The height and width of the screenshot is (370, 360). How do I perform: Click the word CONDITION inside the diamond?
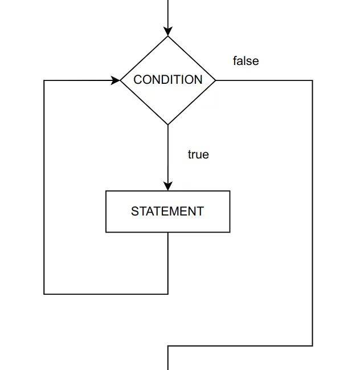(x=168, y=80)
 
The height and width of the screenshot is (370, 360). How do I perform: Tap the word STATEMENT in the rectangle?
(x=167, y=212)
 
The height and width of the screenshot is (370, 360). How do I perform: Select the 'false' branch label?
(x=246, y=61)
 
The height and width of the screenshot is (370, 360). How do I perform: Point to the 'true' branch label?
(x=198, y=154)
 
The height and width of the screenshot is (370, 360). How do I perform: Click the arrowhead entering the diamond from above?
(x=168, y=31)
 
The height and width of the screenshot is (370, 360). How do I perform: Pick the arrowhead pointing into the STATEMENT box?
(x=168, y=186)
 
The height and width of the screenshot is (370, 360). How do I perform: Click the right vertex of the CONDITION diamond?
(x=216, y=80)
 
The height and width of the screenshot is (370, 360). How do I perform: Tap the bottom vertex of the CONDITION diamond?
(x=168, y=124)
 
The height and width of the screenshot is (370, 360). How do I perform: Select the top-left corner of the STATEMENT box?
(x=106, y=191)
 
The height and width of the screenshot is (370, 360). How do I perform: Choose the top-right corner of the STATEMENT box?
(x=230, y=191)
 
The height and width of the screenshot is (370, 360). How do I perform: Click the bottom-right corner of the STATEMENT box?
(x=230, y=232)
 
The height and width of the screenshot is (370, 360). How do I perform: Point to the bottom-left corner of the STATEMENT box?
(x=106, y=232)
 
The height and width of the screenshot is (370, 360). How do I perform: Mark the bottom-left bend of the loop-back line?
(x=44, y=294)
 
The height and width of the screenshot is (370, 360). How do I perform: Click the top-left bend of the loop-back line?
(x=44, y=80)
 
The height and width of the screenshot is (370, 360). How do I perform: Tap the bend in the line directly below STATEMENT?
(x=168, y=294)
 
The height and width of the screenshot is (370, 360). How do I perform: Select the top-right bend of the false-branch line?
(x=313, y=80)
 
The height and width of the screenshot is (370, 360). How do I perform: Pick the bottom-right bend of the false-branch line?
(x=313, y=345)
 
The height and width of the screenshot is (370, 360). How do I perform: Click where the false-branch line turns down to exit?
(x=168, y=345)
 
